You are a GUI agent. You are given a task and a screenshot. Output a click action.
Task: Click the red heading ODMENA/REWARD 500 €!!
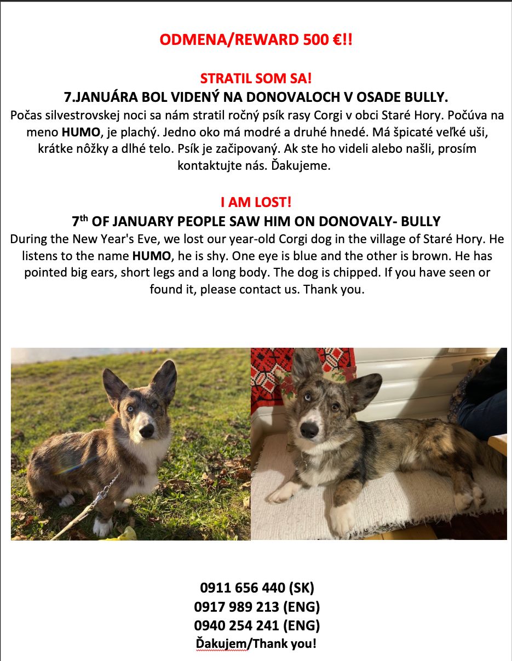[x=256, y=40]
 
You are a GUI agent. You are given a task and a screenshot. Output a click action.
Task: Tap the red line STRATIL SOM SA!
[x=256, y=78]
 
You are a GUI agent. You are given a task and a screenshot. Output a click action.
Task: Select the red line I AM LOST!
[x=256, y=202]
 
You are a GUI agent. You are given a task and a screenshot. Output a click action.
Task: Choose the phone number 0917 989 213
[x=237, y=607]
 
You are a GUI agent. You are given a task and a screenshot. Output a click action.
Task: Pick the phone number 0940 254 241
[x=237, y=625]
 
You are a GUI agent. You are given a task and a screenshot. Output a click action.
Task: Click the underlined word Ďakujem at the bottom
[x=221, y=643]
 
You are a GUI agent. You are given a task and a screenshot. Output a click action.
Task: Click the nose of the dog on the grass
[x=146, y=432]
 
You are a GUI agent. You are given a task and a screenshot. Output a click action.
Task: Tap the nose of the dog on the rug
[x=309, y=430]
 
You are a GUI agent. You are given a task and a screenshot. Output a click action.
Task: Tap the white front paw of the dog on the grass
[x=102, y=526]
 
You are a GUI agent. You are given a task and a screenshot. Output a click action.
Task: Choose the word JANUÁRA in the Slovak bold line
[x=107, y=97]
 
